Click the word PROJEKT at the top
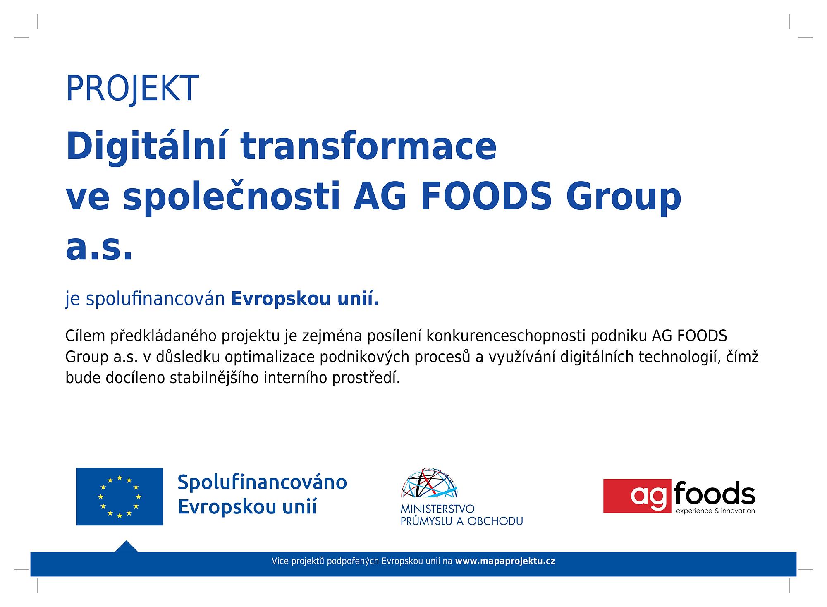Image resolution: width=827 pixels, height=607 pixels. pyautogui.click(x=132, y=89)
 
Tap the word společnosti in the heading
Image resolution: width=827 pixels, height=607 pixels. pyautogui.click(x=232, y=198)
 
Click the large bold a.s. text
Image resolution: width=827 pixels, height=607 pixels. pyautogui.click(x=99, y=250)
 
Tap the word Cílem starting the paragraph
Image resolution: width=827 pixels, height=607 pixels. pyautogui.click(x=86, y=336)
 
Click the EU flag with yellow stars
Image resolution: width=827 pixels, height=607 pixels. pyautogui.click(x=120, y=497)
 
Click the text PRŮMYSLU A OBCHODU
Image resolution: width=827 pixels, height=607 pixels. pyautogui.click(x=462, y=521)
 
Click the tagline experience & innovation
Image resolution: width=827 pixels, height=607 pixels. pyautogui.click(x=715, y=511)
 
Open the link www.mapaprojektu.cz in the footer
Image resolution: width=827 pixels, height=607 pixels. pyautogui.click(x=505, y=561)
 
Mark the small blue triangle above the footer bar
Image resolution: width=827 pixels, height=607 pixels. pyautogui.click(x=126, y=547)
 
